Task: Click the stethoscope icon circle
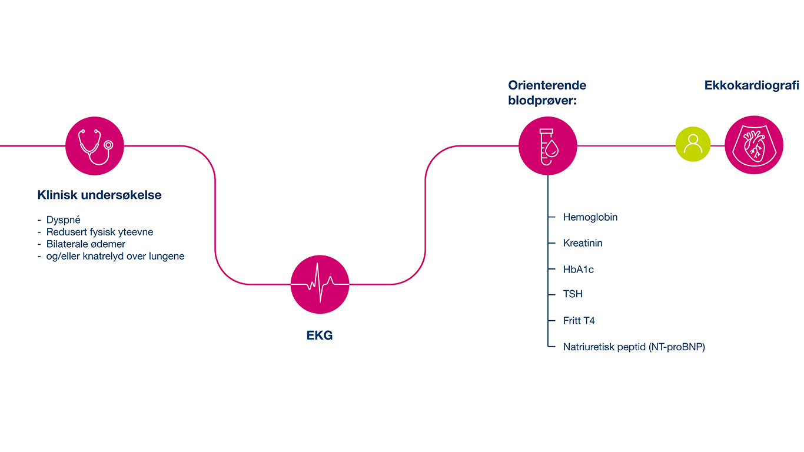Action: coord(94,146)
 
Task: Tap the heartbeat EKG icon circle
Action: coord(320,284)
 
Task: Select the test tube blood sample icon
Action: coord(547,146)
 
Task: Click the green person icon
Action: coord(693,144)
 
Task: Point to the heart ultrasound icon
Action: coord(754,145)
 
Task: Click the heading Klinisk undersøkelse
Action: coord(99,195)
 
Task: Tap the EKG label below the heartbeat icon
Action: coord(320,336)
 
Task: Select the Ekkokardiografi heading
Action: coord(752,85)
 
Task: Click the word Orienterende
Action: coord(547,85)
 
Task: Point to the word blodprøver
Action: coord(541,101)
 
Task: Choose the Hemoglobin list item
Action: coord(590,217)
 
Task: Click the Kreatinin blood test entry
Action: coord(583,243)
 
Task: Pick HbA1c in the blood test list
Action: coord(579,270)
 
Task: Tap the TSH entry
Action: coord(573,294)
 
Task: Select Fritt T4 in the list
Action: coord(579,321)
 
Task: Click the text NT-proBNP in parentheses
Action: coord(676,347)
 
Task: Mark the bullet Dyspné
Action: coord(64,221)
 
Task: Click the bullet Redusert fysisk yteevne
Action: coord(99,232)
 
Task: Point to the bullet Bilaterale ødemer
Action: coord(86,244)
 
